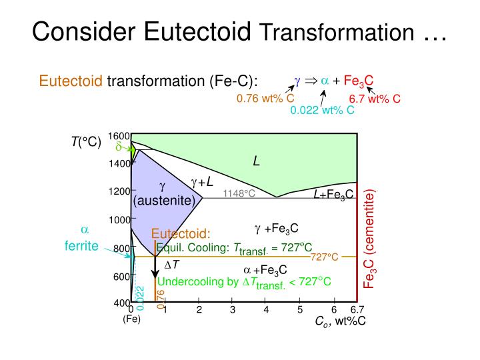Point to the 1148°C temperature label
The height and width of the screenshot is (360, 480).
click(x=239, y=193)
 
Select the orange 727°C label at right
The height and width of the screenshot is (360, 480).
click(x=325, y=257)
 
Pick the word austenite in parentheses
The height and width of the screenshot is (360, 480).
click(x=164, y=200)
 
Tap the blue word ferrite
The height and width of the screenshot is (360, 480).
click(x=81, y=245)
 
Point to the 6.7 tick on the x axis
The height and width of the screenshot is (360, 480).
click(x=357, y=309)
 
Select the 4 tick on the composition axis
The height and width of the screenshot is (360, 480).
click(x=266, y=309)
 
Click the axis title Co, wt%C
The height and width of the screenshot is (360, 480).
click(x=341, y=321)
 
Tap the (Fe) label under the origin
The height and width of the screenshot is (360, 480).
click(x=131, y=319)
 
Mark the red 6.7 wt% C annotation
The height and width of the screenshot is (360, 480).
click(x=375, y=99)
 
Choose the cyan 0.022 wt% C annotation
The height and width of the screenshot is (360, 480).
click(x=322, y=110)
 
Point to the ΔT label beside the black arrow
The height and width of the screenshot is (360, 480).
click(x=171, y=264)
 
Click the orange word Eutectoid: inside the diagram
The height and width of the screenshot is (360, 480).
click(x=181, y=234)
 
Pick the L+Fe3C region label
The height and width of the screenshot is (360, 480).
click(x=333, y=195)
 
